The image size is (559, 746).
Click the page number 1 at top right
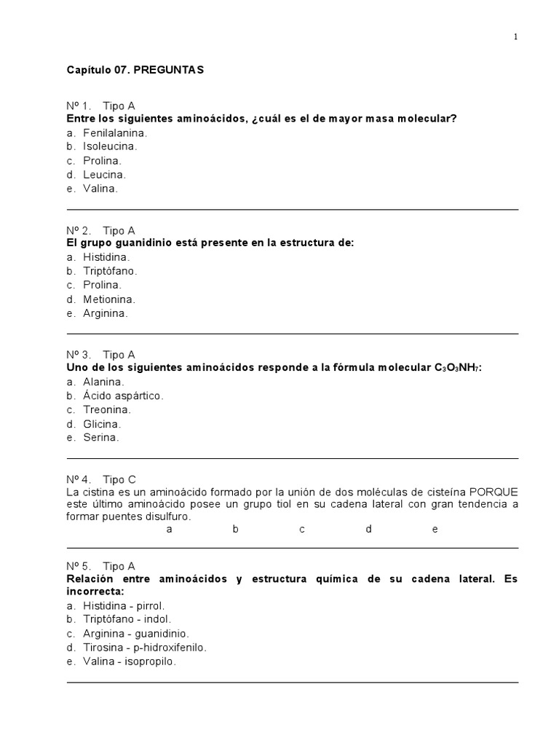[x=515, y=37]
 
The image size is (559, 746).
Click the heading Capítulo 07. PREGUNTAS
[x=135, y=70]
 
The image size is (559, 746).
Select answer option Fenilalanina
[x=115, y=133]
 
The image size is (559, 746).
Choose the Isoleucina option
[x=110, y=146]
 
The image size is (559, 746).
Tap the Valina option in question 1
[x=100, y=188]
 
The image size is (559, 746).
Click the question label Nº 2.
[x=79, y=230]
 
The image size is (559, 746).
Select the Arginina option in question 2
[x=106, y=313]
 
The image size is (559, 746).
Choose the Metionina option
[x=109, y=299]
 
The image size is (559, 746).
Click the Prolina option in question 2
[x=102, y=285]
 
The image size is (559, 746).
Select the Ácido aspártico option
[x=123, y=396]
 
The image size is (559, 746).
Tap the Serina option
[x=100, y=438]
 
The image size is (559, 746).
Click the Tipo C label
[x=119, y=479]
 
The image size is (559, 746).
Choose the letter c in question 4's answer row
[x=302, y=529]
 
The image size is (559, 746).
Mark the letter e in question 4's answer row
[x=435, y=529]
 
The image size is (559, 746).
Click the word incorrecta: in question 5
[x=95, y=592]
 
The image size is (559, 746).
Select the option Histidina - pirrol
[x=124, y=605]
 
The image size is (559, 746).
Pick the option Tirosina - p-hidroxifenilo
[x=145, y=647]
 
